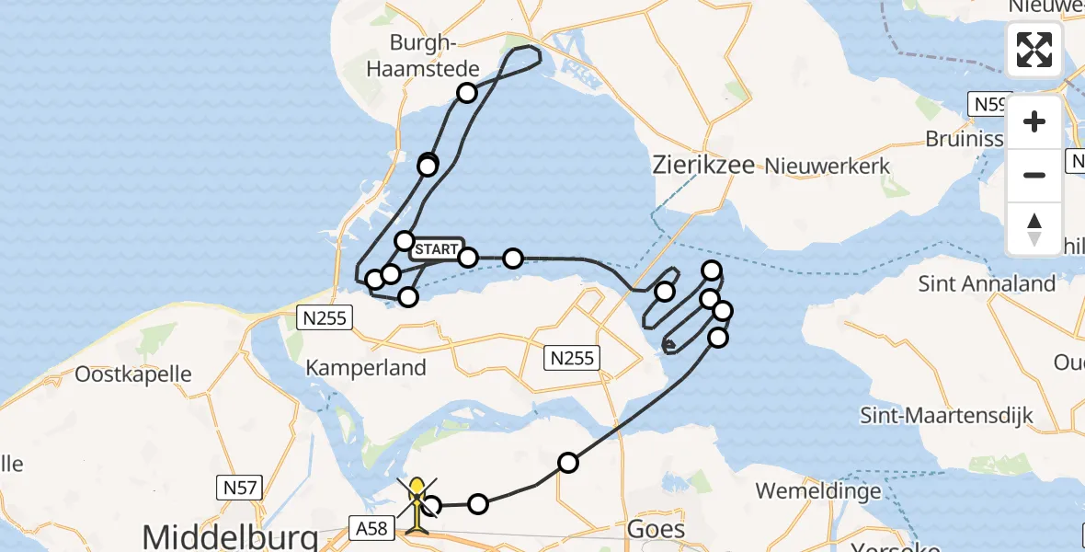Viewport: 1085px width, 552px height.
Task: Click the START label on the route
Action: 436,249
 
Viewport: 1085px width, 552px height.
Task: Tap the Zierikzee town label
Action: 703,166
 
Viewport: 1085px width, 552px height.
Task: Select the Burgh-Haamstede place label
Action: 423,55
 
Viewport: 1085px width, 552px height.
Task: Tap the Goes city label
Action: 656,529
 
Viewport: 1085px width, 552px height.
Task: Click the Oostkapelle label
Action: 133,374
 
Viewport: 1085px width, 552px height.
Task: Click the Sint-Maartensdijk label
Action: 946,415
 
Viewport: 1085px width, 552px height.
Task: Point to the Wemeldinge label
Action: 817,491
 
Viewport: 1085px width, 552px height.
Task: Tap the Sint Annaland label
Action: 986,283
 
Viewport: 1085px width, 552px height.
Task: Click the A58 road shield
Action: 372,526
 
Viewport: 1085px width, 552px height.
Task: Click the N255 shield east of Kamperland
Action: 571,358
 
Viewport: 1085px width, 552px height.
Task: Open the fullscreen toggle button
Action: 1034,50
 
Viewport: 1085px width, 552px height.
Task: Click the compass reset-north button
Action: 1034,229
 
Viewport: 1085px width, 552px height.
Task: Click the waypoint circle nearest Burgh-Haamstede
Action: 467,93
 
